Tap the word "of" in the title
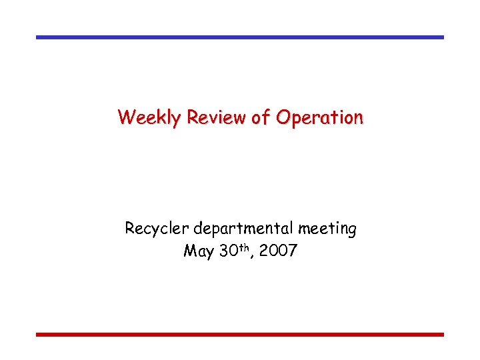click(x=261, y=117)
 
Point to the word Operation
click(x=319, y=118)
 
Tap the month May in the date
click(x=199, y=252)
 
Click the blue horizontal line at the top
click(x=240, y=37)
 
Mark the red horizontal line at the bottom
click(x=240, y=334)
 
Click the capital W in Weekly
click(x=126, y=117)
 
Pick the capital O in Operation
click(x=284, y=117)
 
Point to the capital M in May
click(x=189, y=251)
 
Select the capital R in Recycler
click(x=130, y=229)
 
